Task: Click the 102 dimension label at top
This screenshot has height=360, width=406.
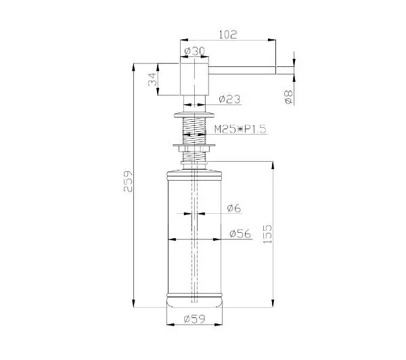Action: (x=228, y=35)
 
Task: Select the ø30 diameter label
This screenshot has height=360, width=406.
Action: (x=194, y=51)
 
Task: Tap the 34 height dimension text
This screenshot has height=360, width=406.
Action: (x=152, y=79)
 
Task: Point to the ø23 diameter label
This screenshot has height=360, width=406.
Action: (x=229, y=99)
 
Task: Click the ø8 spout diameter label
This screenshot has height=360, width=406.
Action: (x=288, y=97)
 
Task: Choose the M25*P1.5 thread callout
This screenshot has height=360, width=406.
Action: (x=240, y=129)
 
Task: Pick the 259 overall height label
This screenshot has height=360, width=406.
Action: (x=128, y=181)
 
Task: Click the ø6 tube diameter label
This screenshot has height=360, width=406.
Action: (x=234, y=208)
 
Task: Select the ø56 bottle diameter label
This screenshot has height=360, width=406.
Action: (x=240, y=234)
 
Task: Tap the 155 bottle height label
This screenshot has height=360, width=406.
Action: (x=267, y=234)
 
